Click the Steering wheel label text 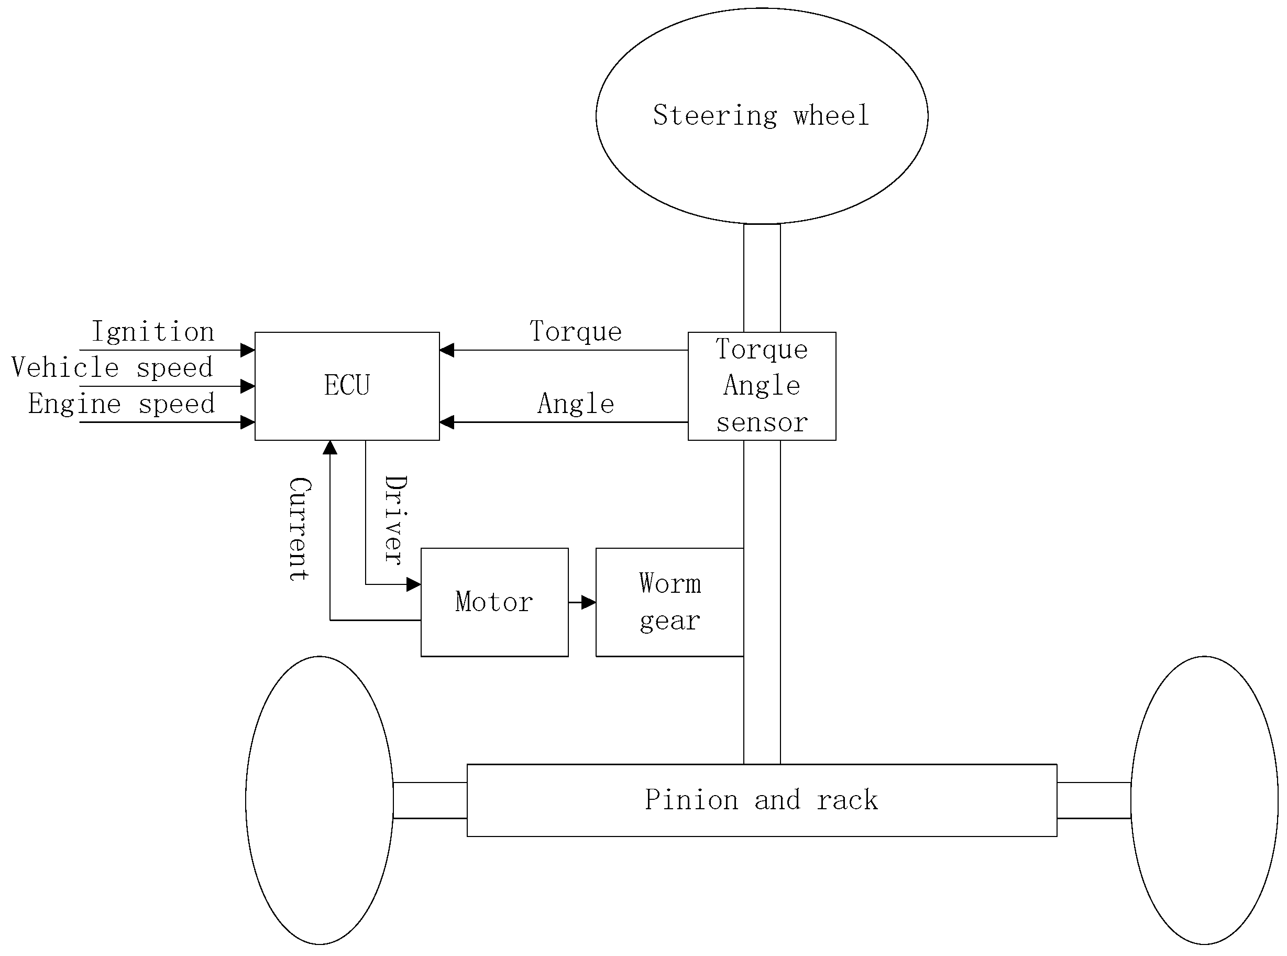click(761, 116)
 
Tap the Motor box click(494, 602)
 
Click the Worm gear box click(669, 602)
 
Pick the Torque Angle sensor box click(761, 386)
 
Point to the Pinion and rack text click(761, 800)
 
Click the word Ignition click(153, 332)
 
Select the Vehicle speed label click(112, 368)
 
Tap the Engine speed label click(122, 404)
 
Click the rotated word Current click(300, 529)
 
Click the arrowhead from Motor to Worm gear click(589, 602)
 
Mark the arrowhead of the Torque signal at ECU click(446, 350)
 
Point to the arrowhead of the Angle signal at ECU click(446, 422)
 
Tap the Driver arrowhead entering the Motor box click(414, 584)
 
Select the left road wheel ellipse click(320, 800)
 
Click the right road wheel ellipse click(1204, 800)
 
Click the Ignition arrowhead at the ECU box click(248, 350)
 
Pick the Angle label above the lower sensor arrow click(576, 404)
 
